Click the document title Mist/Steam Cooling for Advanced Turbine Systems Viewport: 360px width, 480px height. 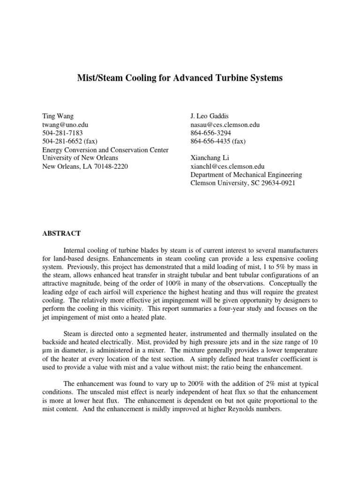180,78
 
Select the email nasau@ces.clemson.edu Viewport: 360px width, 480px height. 225,125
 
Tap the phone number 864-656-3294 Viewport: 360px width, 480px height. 210,133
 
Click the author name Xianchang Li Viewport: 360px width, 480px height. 210,158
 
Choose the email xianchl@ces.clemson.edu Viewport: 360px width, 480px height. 227,166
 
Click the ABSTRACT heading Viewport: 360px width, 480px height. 61,233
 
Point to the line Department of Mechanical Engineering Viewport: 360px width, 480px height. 246,175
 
